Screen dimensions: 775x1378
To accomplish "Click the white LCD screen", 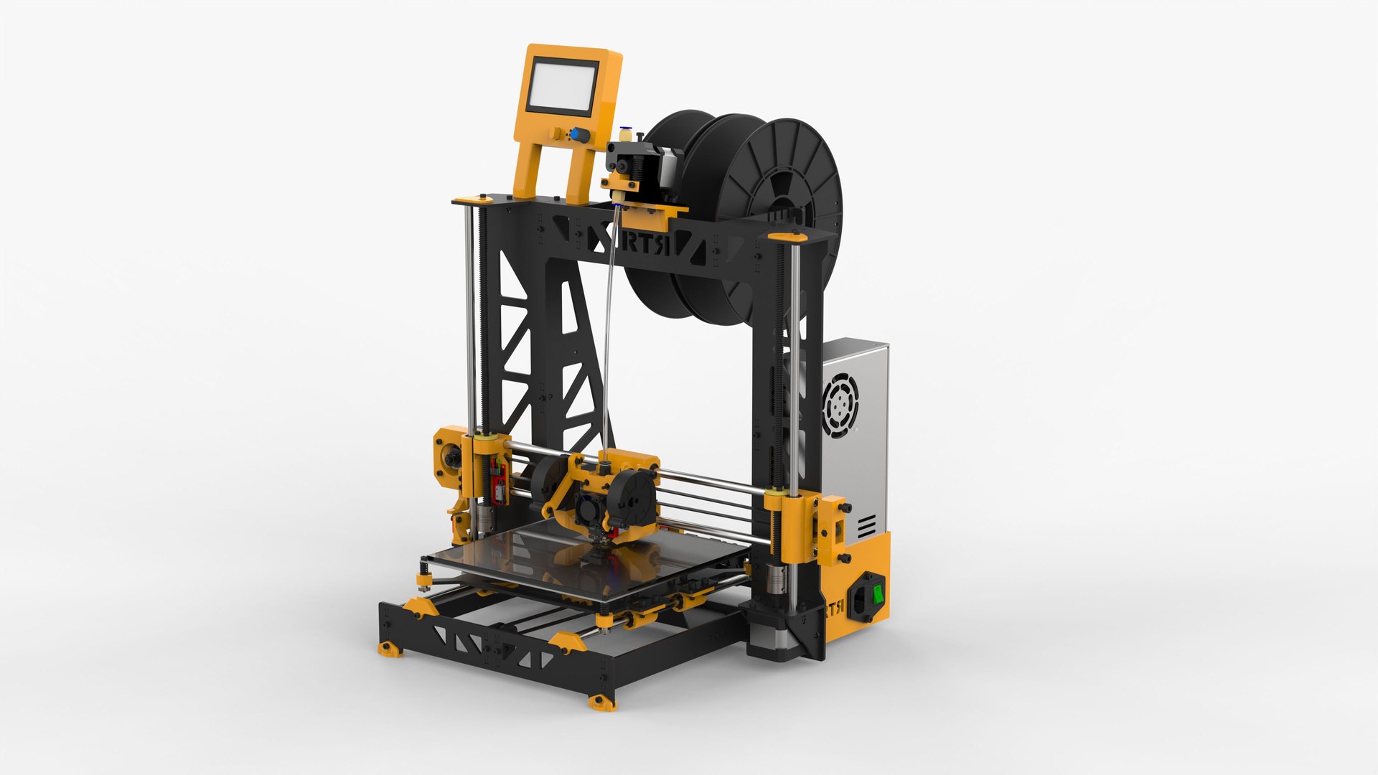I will click(563, 86).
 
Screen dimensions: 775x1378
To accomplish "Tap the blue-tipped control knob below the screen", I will click(575, 133).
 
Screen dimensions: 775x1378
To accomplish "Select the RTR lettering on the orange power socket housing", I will click(834, 610).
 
